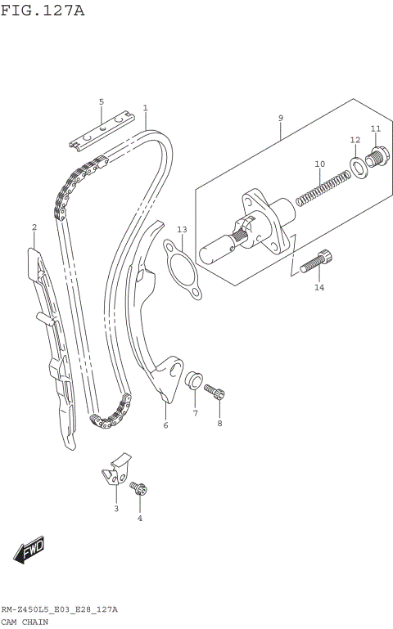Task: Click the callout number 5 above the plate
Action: (102, 101)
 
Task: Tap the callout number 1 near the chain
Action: (145, 107)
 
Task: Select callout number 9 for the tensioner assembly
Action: (280, 118)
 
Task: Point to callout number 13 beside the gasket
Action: (182, 230)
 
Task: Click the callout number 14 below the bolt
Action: (319, 287)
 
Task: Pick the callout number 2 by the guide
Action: (34, 227)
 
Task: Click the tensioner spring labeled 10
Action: (322, 186)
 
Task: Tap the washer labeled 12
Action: (357, 168)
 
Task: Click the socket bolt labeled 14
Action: (316, 262)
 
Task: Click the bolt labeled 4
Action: (138, 489)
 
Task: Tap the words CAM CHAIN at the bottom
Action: (25, 622)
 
